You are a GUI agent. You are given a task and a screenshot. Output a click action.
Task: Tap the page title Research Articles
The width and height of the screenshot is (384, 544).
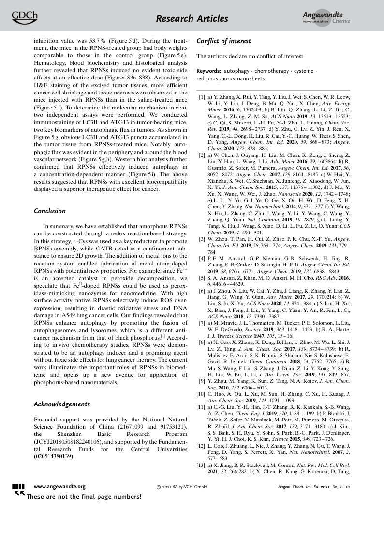192,19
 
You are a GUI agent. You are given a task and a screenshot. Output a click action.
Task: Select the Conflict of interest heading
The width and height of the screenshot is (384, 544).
223,42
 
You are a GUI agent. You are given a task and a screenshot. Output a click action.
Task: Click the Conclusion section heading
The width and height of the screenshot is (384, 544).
50,211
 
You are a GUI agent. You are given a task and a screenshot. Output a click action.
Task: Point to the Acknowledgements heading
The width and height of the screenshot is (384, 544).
62,404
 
